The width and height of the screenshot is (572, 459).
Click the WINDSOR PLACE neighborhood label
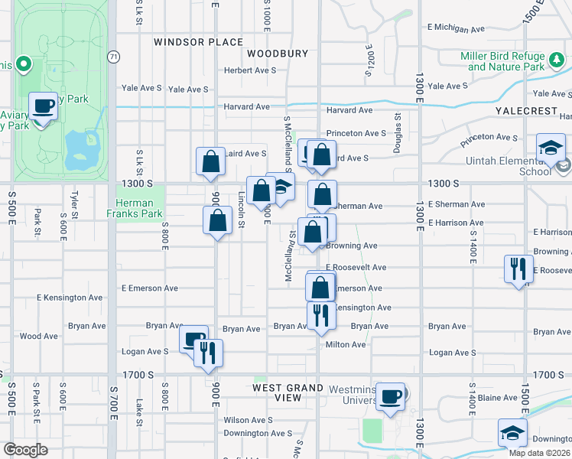pos(198,42)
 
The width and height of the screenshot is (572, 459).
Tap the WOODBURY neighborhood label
pos(277,54)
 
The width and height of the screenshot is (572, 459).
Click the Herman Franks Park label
pos(139,208)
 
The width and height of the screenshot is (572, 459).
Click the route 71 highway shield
pos(113,57)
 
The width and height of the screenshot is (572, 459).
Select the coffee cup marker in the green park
pos(44,106)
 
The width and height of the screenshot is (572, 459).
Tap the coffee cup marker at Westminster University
pos(391,397)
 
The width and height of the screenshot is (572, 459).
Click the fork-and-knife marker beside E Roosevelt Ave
pos(518,269)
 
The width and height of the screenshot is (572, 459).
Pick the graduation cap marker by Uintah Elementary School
pos(551,148)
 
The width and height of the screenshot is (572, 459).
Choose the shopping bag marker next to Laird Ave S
pos(210,161)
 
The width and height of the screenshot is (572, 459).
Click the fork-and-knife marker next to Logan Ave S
pos(207,353)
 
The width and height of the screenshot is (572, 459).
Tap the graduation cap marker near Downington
pos(512,433)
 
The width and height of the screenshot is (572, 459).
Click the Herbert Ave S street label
pos(249,70)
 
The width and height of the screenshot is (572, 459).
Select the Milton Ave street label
pos(346,344)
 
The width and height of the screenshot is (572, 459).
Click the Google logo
pos(25,450)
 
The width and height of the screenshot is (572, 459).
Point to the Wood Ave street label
pos(38,336)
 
